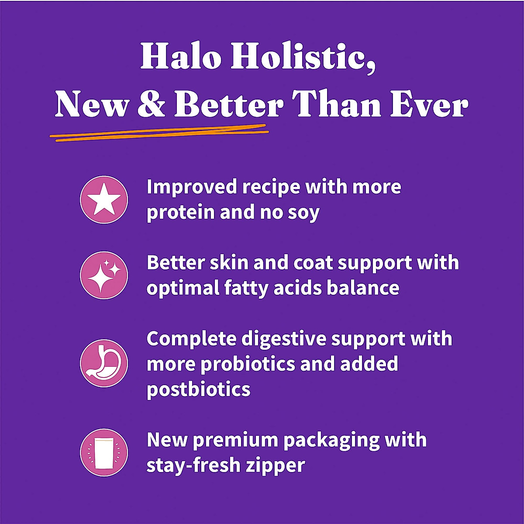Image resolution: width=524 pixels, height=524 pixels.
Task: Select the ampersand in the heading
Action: (151, 106)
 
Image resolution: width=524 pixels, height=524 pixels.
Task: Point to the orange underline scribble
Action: (159, 132)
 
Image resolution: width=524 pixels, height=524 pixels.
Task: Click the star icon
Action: (104, 200)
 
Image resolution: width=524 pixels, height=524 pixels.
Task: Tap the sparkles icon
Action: (104, 276)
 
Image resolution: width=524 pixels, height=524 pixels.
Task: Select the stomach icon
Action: (104, 363)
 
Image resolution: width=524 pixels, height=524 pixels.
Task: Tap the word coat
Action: (313, 263)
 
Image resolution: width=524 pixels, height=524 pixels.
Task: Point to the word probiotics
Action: (248, 364)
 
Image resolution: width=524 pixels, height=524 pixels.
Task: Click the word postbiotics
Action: (198, 389)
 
